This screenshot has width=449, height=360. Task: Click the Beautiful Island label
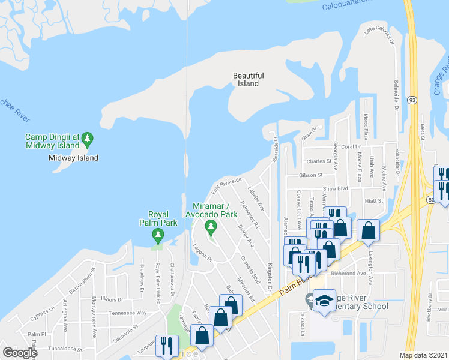click(248, 79)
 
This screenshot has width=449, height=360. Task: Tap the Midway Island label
click(73, 158)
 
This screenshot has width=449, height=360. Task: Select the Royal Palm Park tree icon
click(158, 233)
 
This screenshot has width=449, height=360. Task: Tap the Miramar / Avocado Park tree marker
click(210, 226)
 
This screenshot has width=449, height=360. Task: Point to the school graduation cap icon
click(324, 301)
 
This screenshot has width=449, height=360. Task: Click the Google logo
click(20, 352)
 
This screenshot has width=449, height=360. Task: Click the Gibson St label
click(311, 176)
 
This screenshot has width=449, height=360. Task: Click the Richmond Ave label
click(348, 273)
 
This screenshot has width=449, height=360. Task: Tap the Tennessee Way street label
click(128, 313)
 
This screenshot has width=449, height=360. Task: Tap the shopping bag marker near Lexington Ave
click(368, 230)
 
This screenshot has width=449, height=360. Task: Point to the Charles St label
click(318, 161)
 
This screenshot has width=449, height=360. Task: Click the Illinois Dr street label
click(112, 299)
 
